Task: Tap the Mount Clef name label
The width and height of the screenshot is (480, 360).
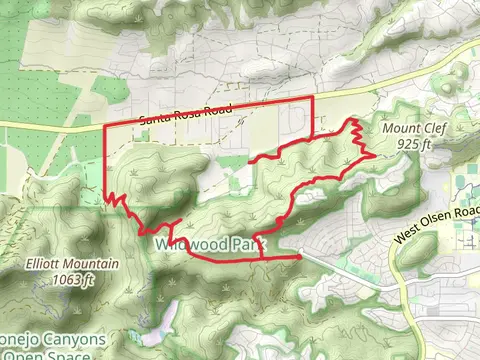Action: pos(406,130)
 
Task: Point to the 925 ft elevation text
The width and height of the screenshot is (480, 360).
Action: pos(411,144)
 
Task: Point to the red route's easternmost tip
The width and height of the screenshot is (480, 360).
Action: pos(373,154)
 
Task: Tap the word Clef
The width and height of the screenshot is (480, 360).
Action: pos(423,130)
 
